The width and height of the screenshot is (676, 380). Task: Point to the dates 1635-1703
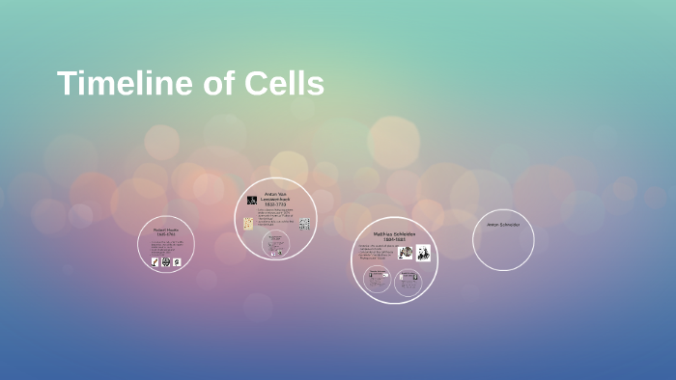tap(166, 234)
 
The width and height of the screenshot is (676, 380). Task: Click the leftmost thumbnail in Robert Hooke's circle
tap(154, 261)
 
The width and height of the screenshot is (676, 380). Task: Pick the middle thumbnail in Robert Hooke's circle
tap(165, 261)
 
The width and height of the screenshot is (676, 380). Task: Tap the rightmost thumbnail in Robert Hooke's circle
tap(178, 261)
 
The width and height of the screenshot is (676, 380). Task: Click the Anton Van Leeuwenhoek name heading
tap(275, 196)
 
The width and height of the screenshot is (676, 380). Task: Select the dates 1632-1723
tap(275, 205)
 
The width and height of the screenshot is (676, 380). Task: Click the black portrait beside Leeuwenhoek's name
tap(252, 201)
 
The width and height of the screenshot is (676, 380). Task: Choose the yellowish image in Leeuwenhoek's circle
tap(248, 224)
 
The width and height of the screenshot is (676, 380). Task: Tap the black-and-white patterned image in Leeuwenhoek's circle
tap(304, 224)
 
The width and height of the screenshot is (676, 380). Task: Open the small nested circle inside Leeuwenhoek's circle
tap(276, 244)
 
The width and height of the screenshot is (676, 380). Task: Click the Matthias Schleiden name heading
tap(394, 233)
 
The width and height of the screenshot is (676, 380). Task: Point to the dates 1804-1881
tap(394, 240)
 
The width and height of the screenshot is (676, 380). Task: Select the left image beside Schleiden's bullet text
tap(406, 253)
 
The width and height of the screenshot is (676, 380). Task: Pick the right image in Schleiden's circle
tap(423, 253)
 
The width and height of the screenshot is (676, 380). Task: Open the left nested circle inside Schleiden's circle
tap(378, 281)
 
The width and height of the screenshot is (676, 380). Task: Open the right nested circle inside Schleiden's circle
tap(408, 281)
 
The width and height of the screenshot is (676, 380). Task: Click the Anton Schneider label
tap(503, 225)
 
